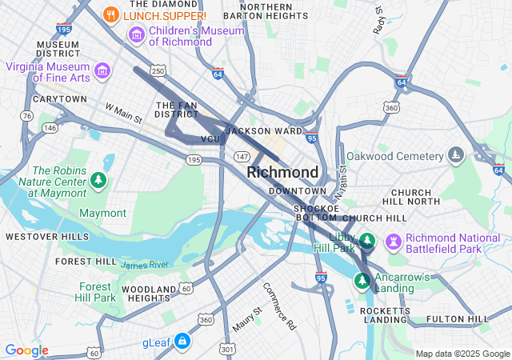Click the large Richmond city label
282,172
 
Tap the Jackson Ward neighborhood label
264,130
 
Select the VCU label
210,139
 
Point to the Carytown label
59,99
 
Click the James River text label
145,264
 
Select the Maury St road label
246,320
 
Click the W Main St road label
123,113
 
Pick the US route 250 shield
158,71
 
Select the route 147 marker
242,155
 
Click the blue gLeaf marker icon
183,342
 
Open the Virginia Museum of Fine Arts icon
102,70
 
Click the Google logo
26,350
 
